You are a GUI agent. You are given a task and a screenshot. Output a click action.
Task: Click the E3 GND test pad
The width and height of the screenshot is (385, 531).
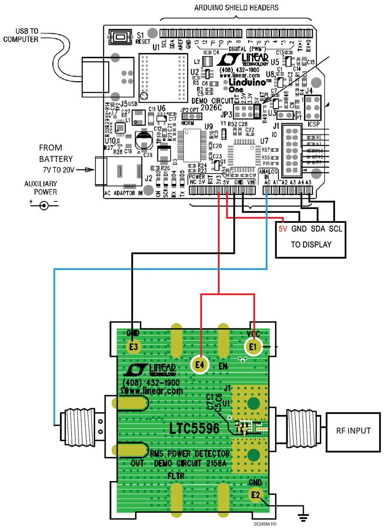(x=133, y=347)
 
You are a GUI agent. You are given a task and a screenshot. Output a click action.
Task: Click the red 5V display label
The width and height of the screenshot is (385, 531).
(x=283, y=229)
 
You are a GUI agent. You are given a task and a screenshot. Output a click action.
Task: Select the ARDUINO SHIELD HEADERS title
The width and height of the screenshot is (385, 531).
(x=236, y=7)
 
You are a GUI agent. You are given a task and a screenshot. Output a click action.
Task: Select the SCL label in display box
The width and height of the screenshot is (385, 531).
(x=336, y=229)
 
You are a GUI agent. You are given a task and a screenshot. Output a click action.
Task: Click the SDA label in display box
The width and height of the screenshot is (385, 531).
(x=318, y=229)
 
